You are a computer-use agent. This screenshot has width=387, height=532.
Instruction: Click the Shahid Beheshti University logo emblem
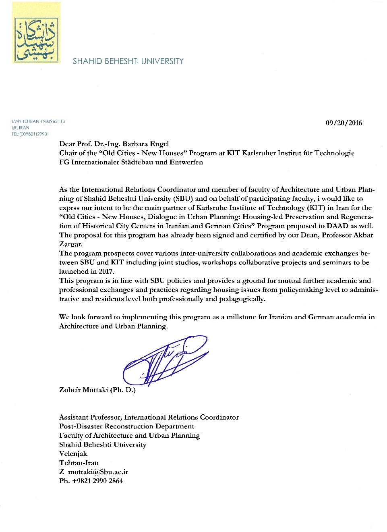(x=36, y=39)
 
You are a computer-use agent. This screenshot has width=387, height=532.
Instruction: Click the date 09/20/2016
(x=344, y=123)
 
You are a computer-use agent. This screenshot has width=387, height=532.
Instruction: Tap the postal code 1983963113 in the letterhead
(x=53, y=121)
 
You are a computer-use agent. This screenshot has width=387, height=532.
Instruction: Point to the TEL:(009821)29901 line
(x=30, y=134)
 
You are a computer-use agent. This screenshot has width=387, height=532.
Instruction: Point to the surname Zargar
(x=70, y=244)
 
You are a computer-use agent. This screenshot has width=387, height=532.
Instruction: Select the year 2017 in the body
(x=107, y=272)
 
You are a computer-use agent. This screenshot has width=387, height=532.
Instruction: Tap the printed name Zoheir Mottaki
(x=83, y=390)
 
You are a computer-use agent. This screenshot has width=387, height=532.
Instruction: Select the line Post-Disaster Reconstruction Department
(x=126, y=426)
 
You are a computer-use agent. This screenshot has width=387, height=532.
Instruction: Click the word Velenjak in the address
(x=73, y=453)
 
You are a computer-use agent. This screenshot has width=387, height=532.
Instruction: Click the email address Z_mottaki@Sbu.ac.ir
(x=93, y=472)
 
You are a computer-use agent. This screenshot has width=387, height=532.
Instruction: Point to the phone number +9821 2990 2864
(x=97, y=481)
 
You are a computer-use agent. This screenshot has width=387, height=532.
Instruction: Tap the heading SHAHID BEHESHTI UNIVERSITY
(x=128, y=61)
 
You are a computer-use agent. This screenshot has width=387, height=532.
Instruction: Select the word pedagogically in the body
(x=242, y=299)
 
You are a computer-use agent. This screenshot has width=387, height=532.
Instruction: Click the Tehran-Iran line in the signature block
(x=79, y=463)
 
